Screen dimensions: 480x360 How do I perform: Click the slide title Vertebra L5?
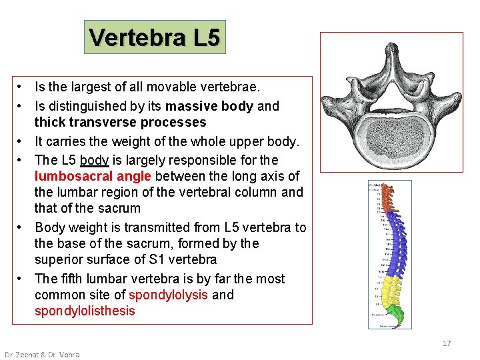(x=154, y=37)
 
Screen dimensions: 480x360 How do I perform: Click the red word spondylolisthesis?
(x=85, y=311)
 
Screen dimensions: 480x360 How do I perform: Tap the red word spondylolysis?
(x=168, y=295)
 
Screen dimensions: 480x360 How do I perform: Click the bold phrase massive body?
(x=209, y=106)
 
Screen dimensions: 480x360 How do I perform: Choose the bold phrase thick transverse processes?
(x=120, y=122)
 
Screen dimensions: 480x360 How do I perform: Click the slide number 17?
(x=447, y=343)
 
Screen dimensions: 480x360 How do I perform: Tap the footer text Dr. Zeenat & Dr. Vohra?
(x=42, y=355)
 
